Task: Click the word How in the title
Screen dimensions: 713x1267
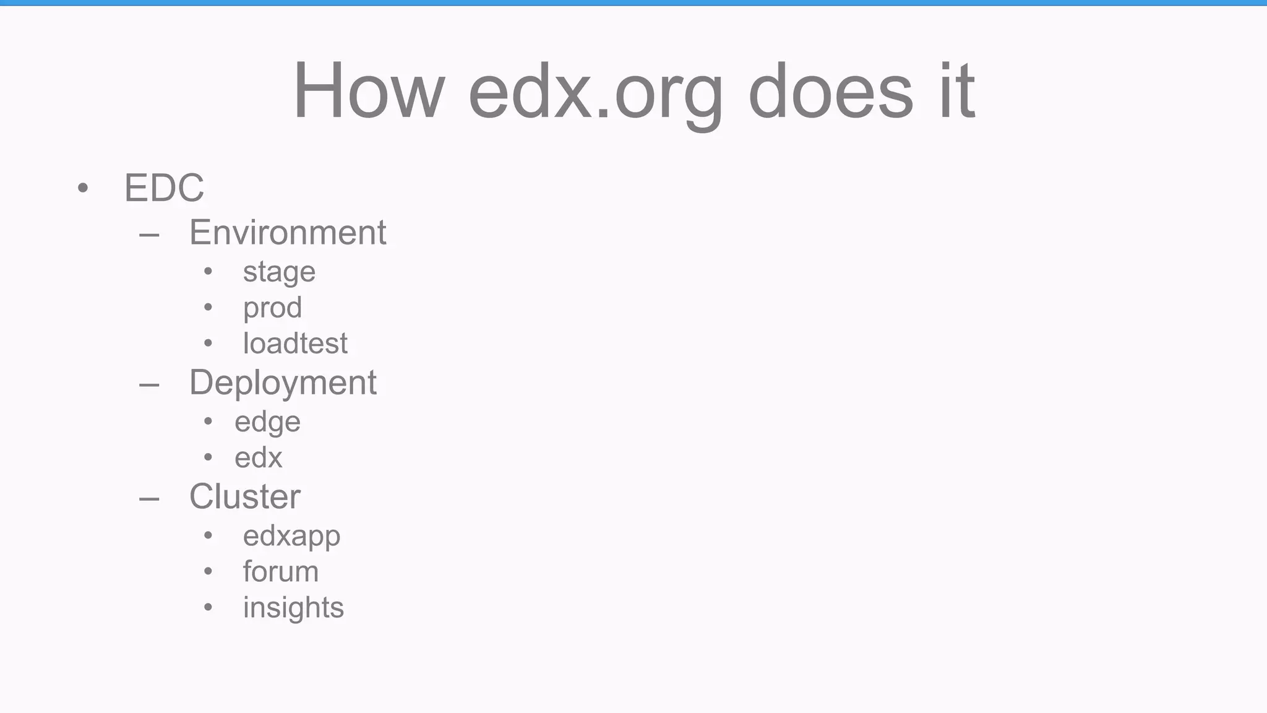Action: click(369, 91)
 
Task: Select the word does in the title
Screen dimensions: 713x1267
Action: click(830, 92)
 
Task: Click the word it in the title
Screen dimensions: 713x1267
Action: click(957, 91)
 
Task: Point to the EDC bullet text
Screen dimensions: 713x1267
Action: click(164, 188)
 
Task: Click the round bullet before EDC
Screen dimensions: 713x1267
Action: click(83, 188)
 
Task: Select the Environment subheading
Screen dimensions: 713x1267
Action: click(288, 233)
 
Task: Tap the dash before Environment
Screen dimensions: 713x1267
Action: click(149, 235)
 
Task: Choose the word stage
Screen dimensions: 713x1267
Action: click(279, 272)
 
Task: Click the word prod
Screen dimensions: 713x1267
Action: click(272, 308)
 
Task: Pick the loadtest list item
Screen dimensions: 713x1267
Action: click(295, 344)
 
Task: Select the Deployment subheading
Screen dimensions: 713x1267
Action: click(283, 383)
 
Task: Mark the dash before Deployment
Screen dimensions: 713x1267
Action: click(149, 385)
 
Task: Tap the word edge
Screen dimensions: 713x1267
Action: click(267, 423)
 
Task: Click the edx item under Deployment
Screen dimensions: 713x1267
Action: click(258, 458)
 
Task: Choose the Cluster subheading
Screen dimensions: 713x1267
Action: click(244, 496)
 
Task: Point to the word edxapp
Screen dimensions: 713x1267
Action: click(291, 537)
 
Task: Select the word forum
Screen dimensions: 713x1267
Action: click(280, 571)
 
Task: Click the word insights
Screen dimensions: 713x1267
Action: click(293, 608)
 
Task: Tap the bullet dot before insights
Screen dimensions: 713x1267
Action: click(208, 607)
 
